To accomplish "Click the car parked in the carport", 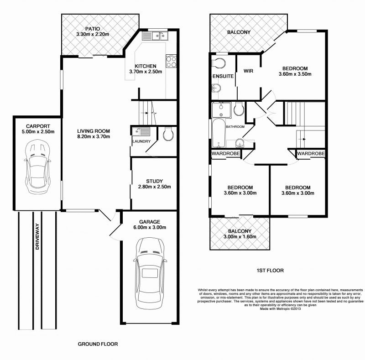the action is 37,167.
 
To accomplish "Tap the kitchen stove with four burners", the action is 171,62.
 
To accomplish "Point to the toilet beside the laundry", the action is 168,134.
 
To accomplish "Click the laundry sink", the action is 141,131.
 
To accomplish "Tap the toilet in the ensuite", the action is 219,63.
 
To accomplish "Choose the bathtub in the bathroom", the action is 219,133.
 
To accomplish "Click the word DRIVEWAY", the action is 37,236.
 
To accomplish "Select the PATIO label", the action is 93,29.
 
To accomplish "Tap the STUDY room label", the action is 154,181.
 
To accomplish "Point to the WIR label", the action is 248,71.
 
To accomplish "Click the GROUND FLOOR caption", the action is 98,344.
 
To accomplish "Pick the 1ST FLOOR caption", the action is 270,271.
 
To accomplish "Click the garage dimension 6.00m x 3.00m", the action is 150,228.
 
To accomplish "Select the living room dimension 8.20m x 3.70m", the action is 94,137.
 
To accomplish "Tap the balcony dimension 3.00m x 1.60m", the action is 240,237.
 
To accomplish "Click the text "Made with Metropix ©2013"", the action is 280,309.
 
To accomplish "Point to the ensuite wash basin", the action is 216,89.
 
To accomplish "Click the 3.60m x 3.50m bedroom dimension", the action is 295,74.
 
